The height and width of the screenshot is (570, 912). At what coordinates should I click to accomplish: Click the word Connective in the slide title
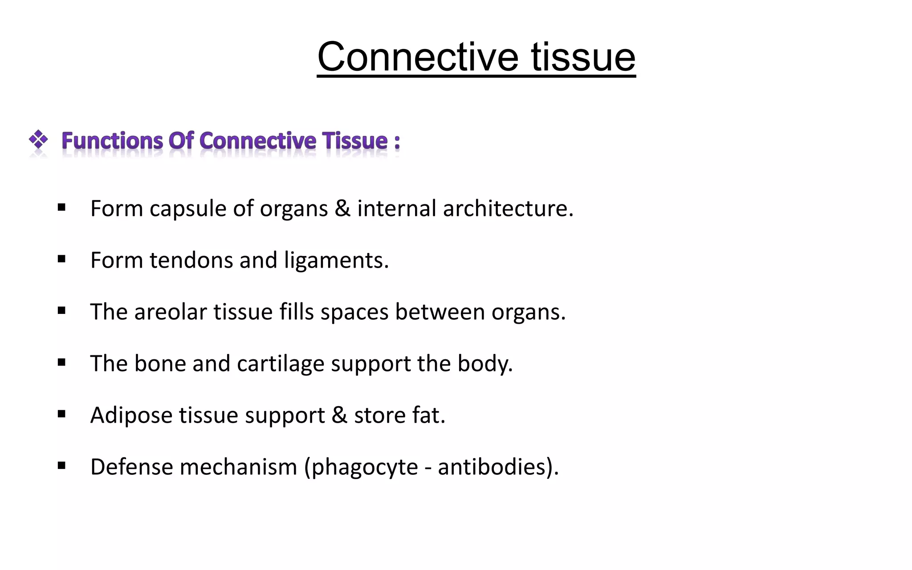418,57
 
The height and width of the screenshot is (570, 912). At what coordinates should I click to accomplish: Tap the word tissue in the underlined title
583,57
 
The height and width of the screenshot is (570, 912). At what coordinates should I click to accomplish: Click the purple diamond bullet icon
38,140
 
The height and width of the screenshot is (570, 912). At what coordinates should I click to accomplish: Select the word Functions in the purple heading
112,141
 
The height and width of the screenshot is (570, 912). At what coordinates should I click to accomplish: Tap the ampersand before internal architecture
342,208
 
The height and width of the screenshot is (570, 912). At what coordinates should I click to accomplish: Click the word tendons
191,260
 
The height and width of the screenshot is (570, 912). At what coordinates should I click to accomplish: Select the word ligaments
336,261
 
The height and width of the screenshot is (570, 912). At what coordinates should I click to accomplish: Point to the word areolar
171,312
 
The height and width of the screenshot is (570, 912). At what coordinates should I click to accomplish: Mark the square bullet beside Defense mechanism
61,466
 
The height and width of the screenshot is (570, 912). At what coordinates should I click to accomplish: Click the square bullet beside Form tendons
61,259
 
